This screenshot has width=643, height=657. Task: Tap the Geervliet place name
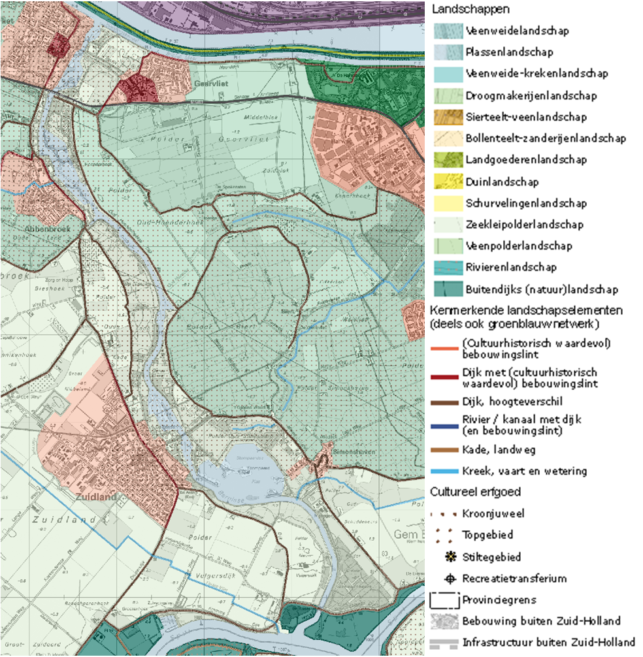pos(212,84)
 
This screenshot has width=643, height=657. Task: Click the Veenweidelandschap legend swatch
pos(448,31)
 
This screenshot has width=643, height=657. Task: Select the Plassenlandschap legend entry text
pos(509,52)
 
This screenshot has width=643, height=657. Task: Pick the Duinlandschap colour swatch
pos(448,182)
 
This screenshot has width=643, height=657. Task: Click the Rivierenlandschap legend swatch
pos(448,267)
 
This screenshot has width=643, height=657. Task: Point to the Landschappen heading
pos(470,10)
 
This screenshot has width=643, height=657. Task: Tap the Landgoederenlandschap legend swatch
pos(448,160)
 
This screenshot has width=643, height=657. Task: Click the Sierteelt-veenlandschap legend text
pos(526,117)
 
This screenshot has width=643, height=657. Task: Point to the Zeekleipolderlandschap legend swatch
pos(448,225)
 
